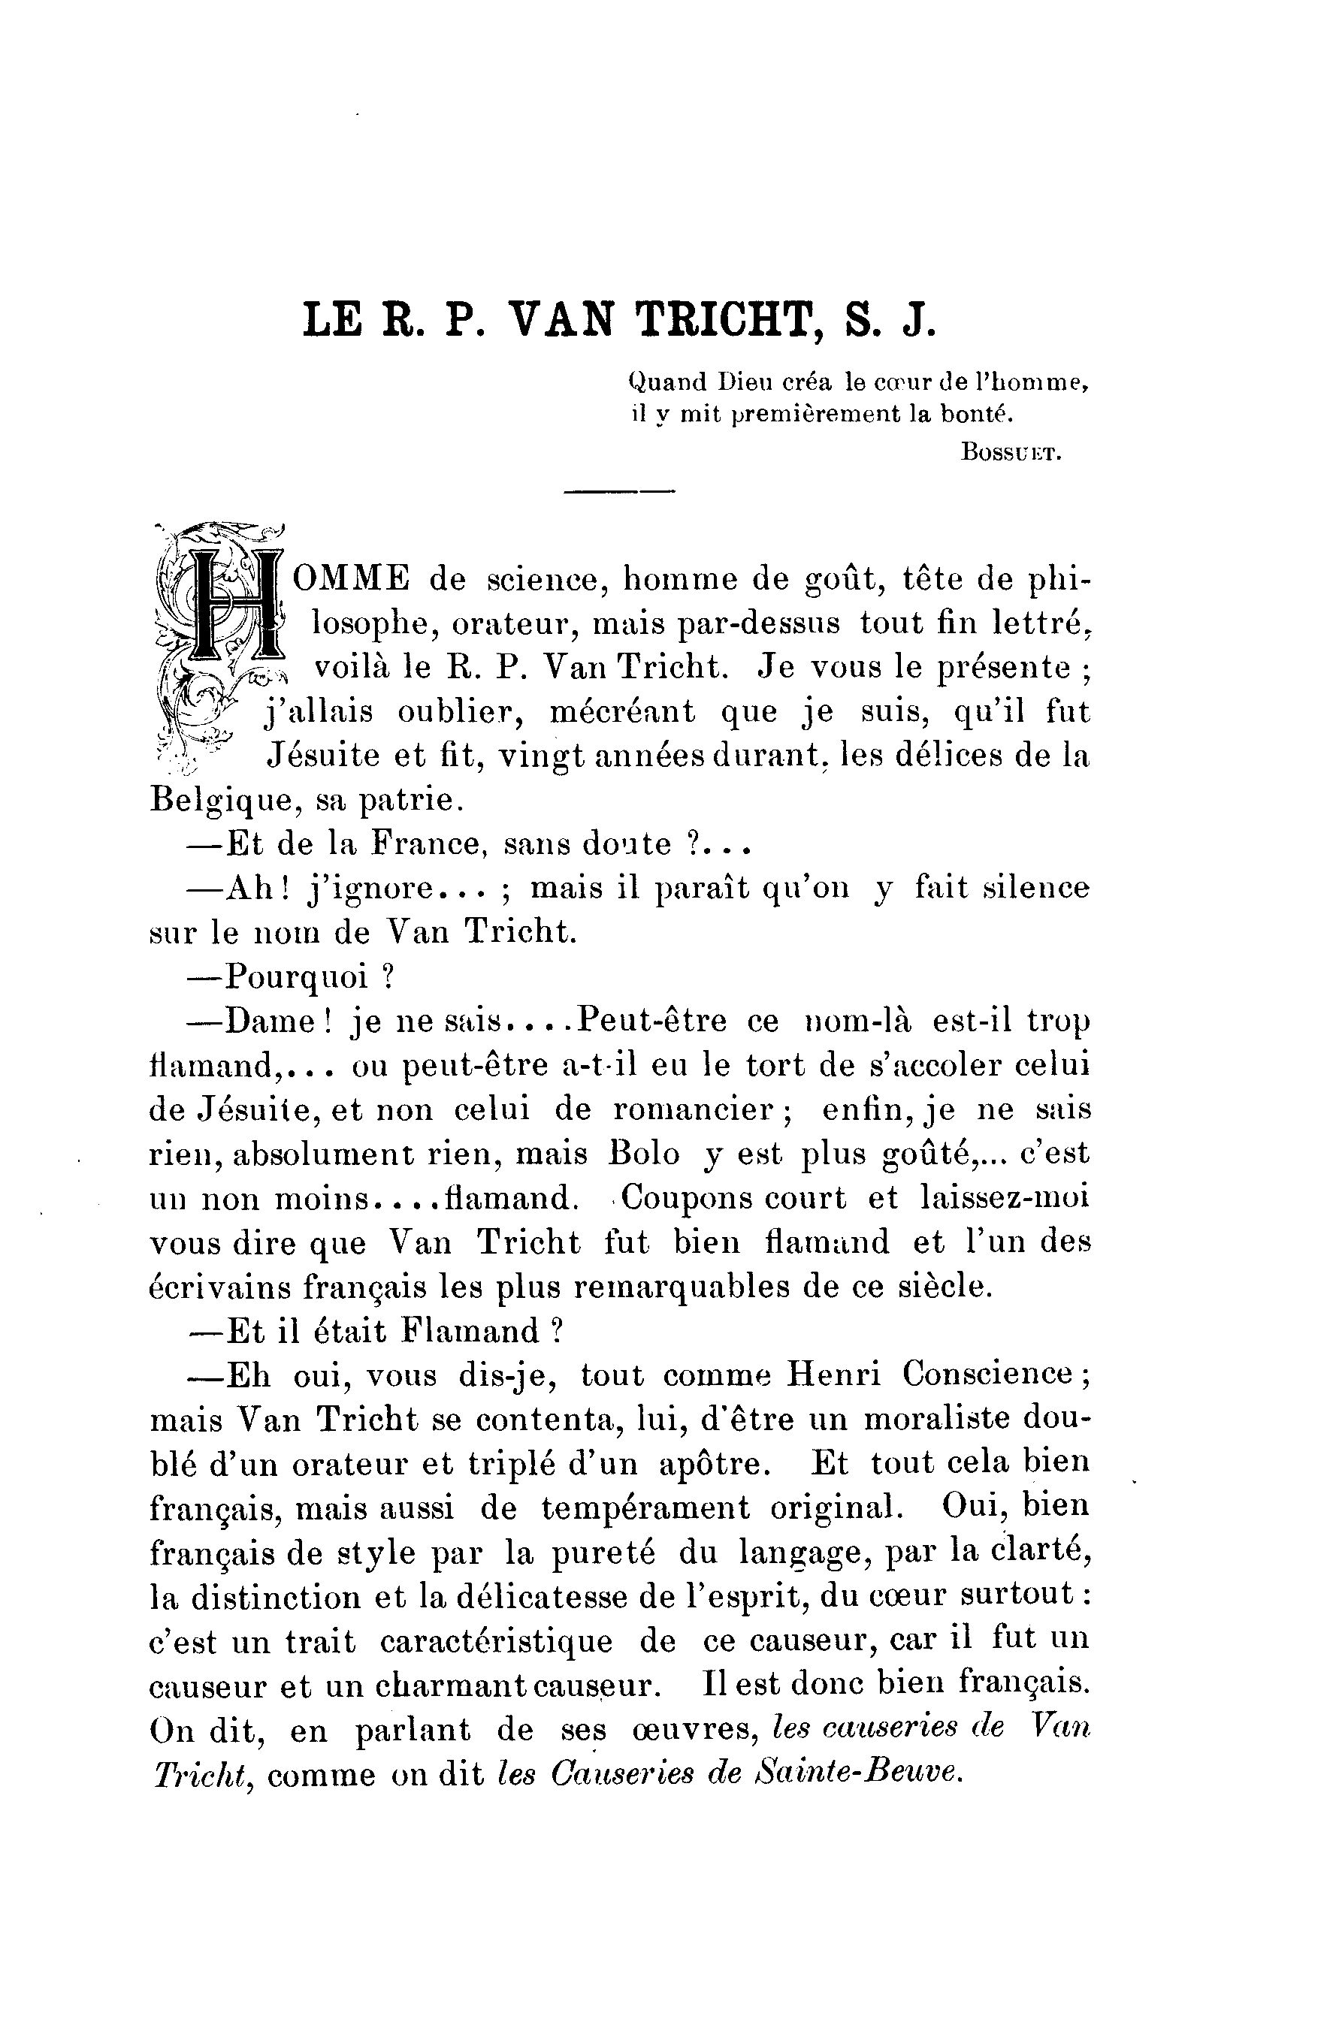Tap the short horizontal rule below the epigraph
619,491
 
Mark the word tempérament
646,1507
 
